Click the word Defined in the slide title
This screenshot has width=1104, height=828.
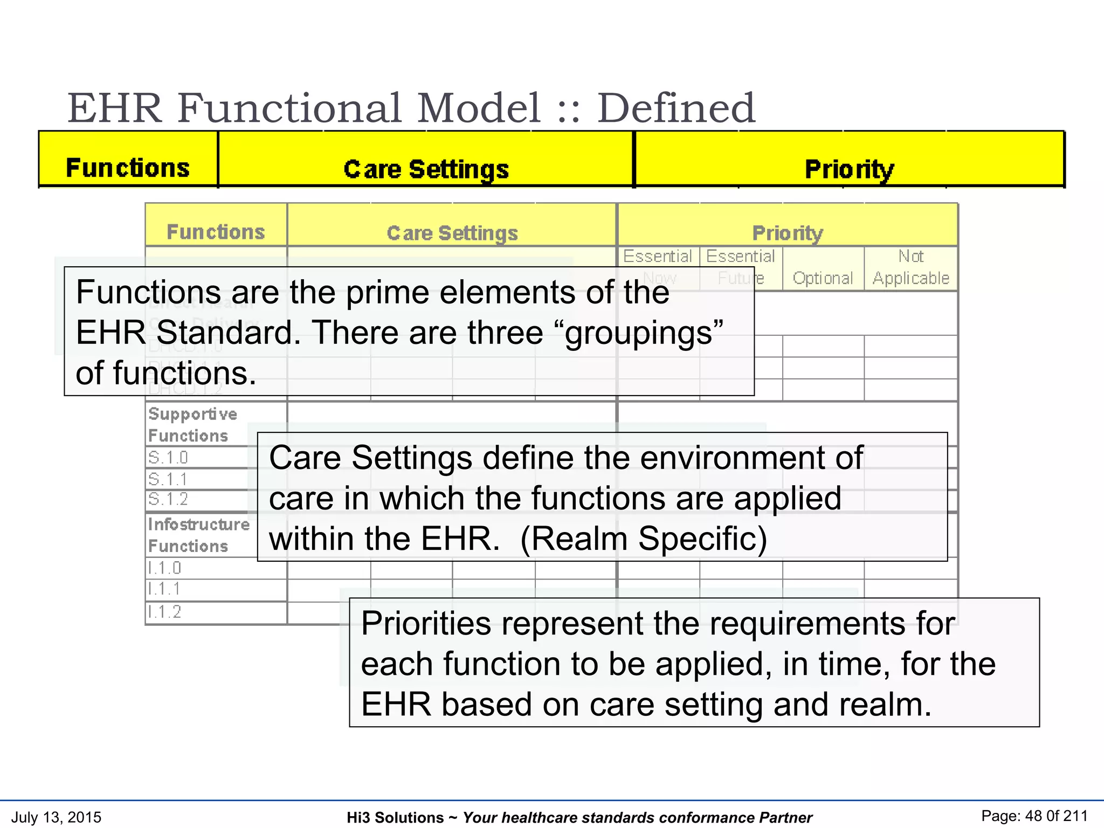[x=676, y=108]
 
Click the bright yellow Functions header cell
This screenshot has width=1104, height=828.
[x=128, y=168]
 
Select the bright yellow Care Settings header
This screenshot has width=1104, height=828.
[x=426, y=169]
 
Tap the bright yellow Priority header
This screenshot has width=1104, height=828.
[x=849, y=169]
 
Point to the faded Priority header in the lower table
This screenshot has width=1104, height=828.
[x=788, y=233]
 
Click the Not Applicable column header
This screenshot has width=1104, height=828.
[x=910, y=267]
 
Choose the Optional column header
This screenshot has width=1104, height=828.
[x=823, y=278]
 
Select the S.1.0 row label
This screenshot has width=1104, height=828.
[x=168, y=458]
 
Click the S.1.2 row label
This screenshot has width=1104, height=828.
[x=168, y=499]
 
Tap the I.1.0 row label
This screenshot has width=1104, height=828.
[x=165, y=568]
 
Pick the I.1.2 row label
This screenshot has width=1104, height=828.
[x=165, y=611]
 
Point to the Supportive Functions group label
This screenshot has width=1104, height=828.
[x=192, y=425]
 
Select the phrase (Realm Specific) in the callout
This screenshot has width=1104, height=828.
[x=644, y=539]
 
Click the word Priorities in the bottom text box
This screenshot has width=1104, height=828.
[x=425, y=623]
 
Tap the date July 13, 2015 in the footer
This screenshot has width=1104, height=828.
[x=56, y=817]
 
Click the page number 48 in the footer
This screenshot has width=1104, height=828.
[x=1033, y=816]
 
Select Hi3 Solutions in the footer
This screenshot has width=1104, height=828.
[x=395, y=818]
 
